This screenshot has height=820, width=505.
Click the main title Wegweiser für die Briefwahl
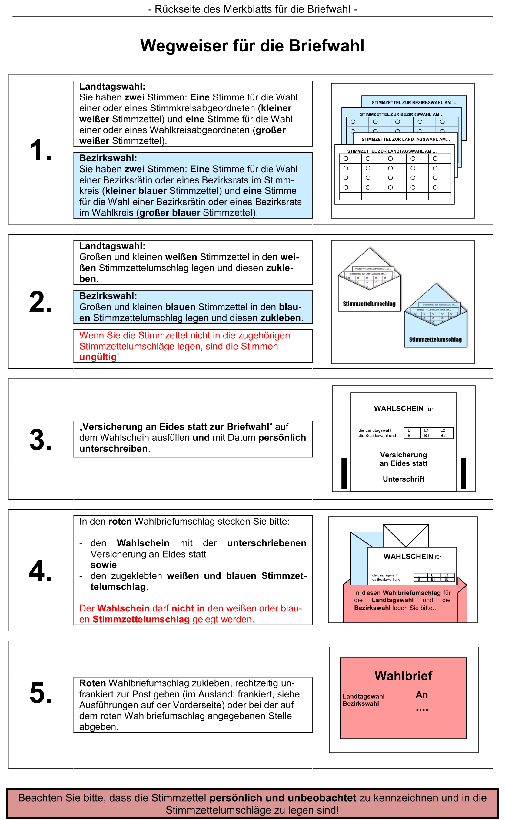252,46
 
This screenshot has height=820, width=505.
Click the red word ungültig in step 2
98,357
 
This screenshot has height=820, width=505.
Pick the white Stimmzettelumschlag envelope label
369,304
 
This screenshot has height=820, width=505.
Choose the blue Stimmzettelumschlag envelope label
435,339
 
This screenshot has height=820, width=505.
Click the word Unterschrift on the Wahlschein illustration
404,479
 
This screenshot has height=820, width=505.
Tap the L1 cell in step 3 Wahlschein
426,430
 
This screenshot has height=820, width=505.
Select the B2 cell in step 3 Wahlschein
443,436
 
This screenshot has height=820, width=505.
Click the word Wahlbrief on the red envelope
404,676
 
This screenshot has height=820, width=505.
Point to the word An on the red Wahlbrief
422,695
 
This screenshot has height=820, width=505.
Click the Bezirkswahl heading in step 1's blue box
108,158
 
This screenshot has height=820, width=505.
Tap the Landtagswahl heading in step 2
112,246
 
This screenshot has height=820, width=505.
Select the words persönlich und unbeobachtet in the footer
283,798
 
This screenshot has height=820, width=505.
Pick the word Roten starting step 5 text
92,683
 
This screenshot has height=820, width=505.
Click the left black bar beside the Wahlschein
344,473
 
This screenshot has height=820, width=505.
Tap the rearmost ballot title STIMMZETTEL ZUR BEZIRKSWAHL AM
414,102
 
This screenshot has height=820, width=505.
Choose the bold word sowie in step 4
104,565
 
